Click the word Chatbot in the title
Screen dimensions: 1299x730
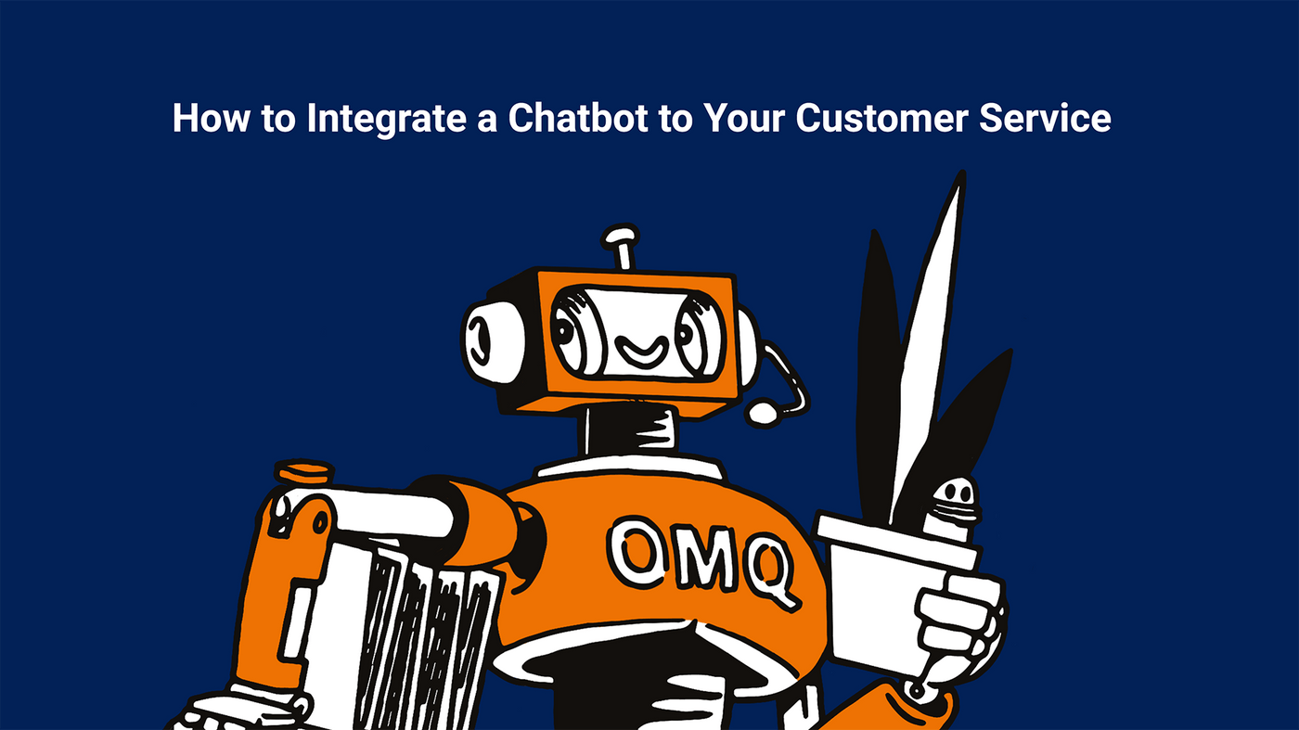coord(577,118)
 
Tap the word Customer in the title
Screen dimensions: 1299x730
coord(881,118)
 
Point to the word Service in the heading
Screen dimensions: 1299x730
coord(1045,118)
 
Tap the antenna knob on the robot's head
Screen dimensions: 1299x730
coord(620,235)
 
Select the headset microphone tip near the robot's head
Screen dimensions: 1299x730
coord(763,413)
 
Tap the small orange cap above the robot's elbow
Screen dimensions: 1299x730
coord(304,471)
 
